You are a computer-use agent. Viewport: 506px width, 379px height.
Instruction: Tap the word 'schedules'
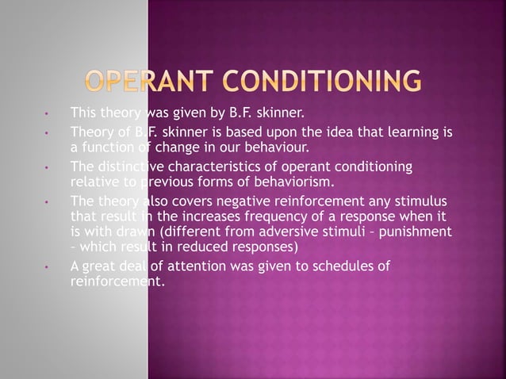(347, 266)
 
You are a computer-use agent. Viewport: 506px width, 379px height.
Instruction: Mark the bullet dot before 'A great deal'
(48, 266)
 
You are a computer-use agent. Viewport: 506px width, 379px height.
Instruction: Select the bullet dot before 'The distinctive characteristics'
(48, 167)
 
